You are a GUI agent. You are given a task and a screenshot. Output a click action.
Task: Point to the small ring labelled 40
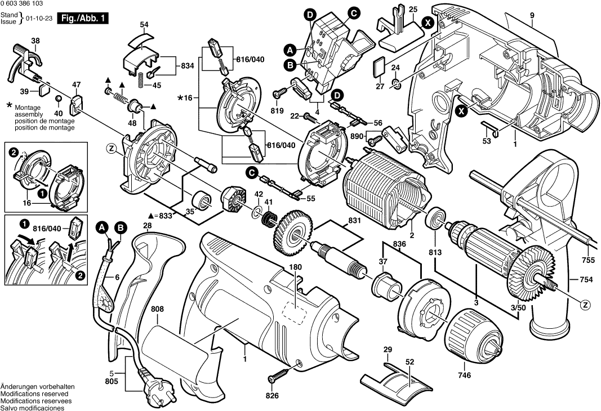pos(59,99)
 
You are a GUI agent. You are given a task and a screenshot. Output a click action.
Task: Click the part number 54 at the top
pos(144,24)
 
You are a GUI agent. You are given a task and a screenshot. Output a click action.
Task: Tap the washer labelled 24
pos(397,84)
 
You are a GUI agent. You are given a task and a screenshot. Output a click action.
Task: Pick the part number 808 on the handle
pos(158,309)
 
